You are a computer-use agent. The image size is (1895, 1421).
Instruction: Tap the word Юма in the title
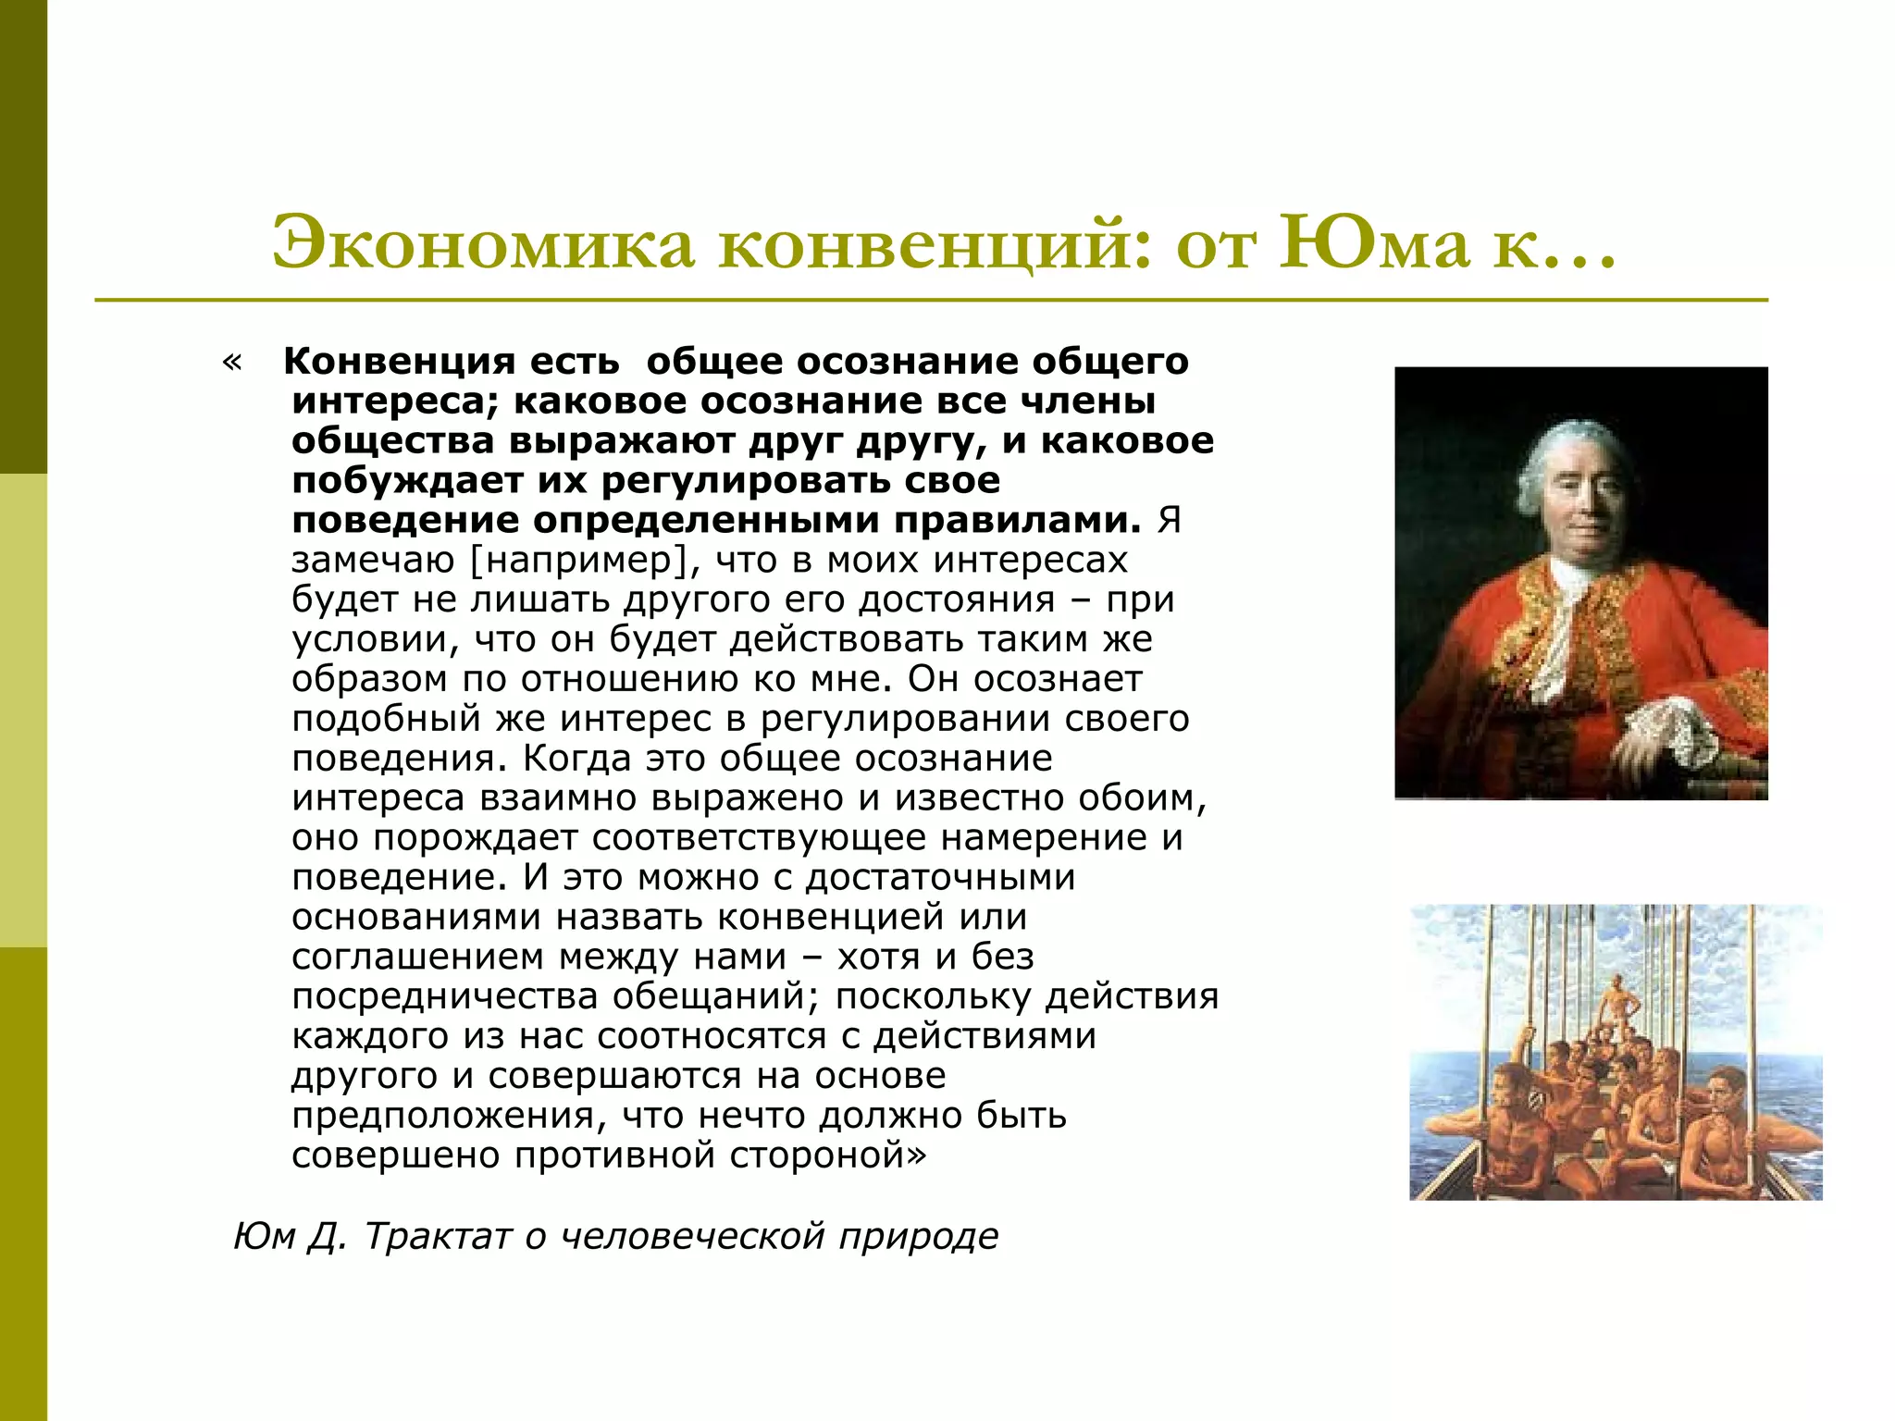click(1373, 243)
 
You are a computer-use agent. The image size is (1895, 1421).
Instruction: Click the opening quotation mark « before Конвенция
click(232, 362)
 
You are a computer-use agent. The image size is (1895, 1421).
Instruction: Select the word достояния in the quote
click(957, 600)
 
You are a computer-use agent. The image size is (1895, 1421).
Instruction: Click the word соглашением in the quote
click(417, 958)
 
